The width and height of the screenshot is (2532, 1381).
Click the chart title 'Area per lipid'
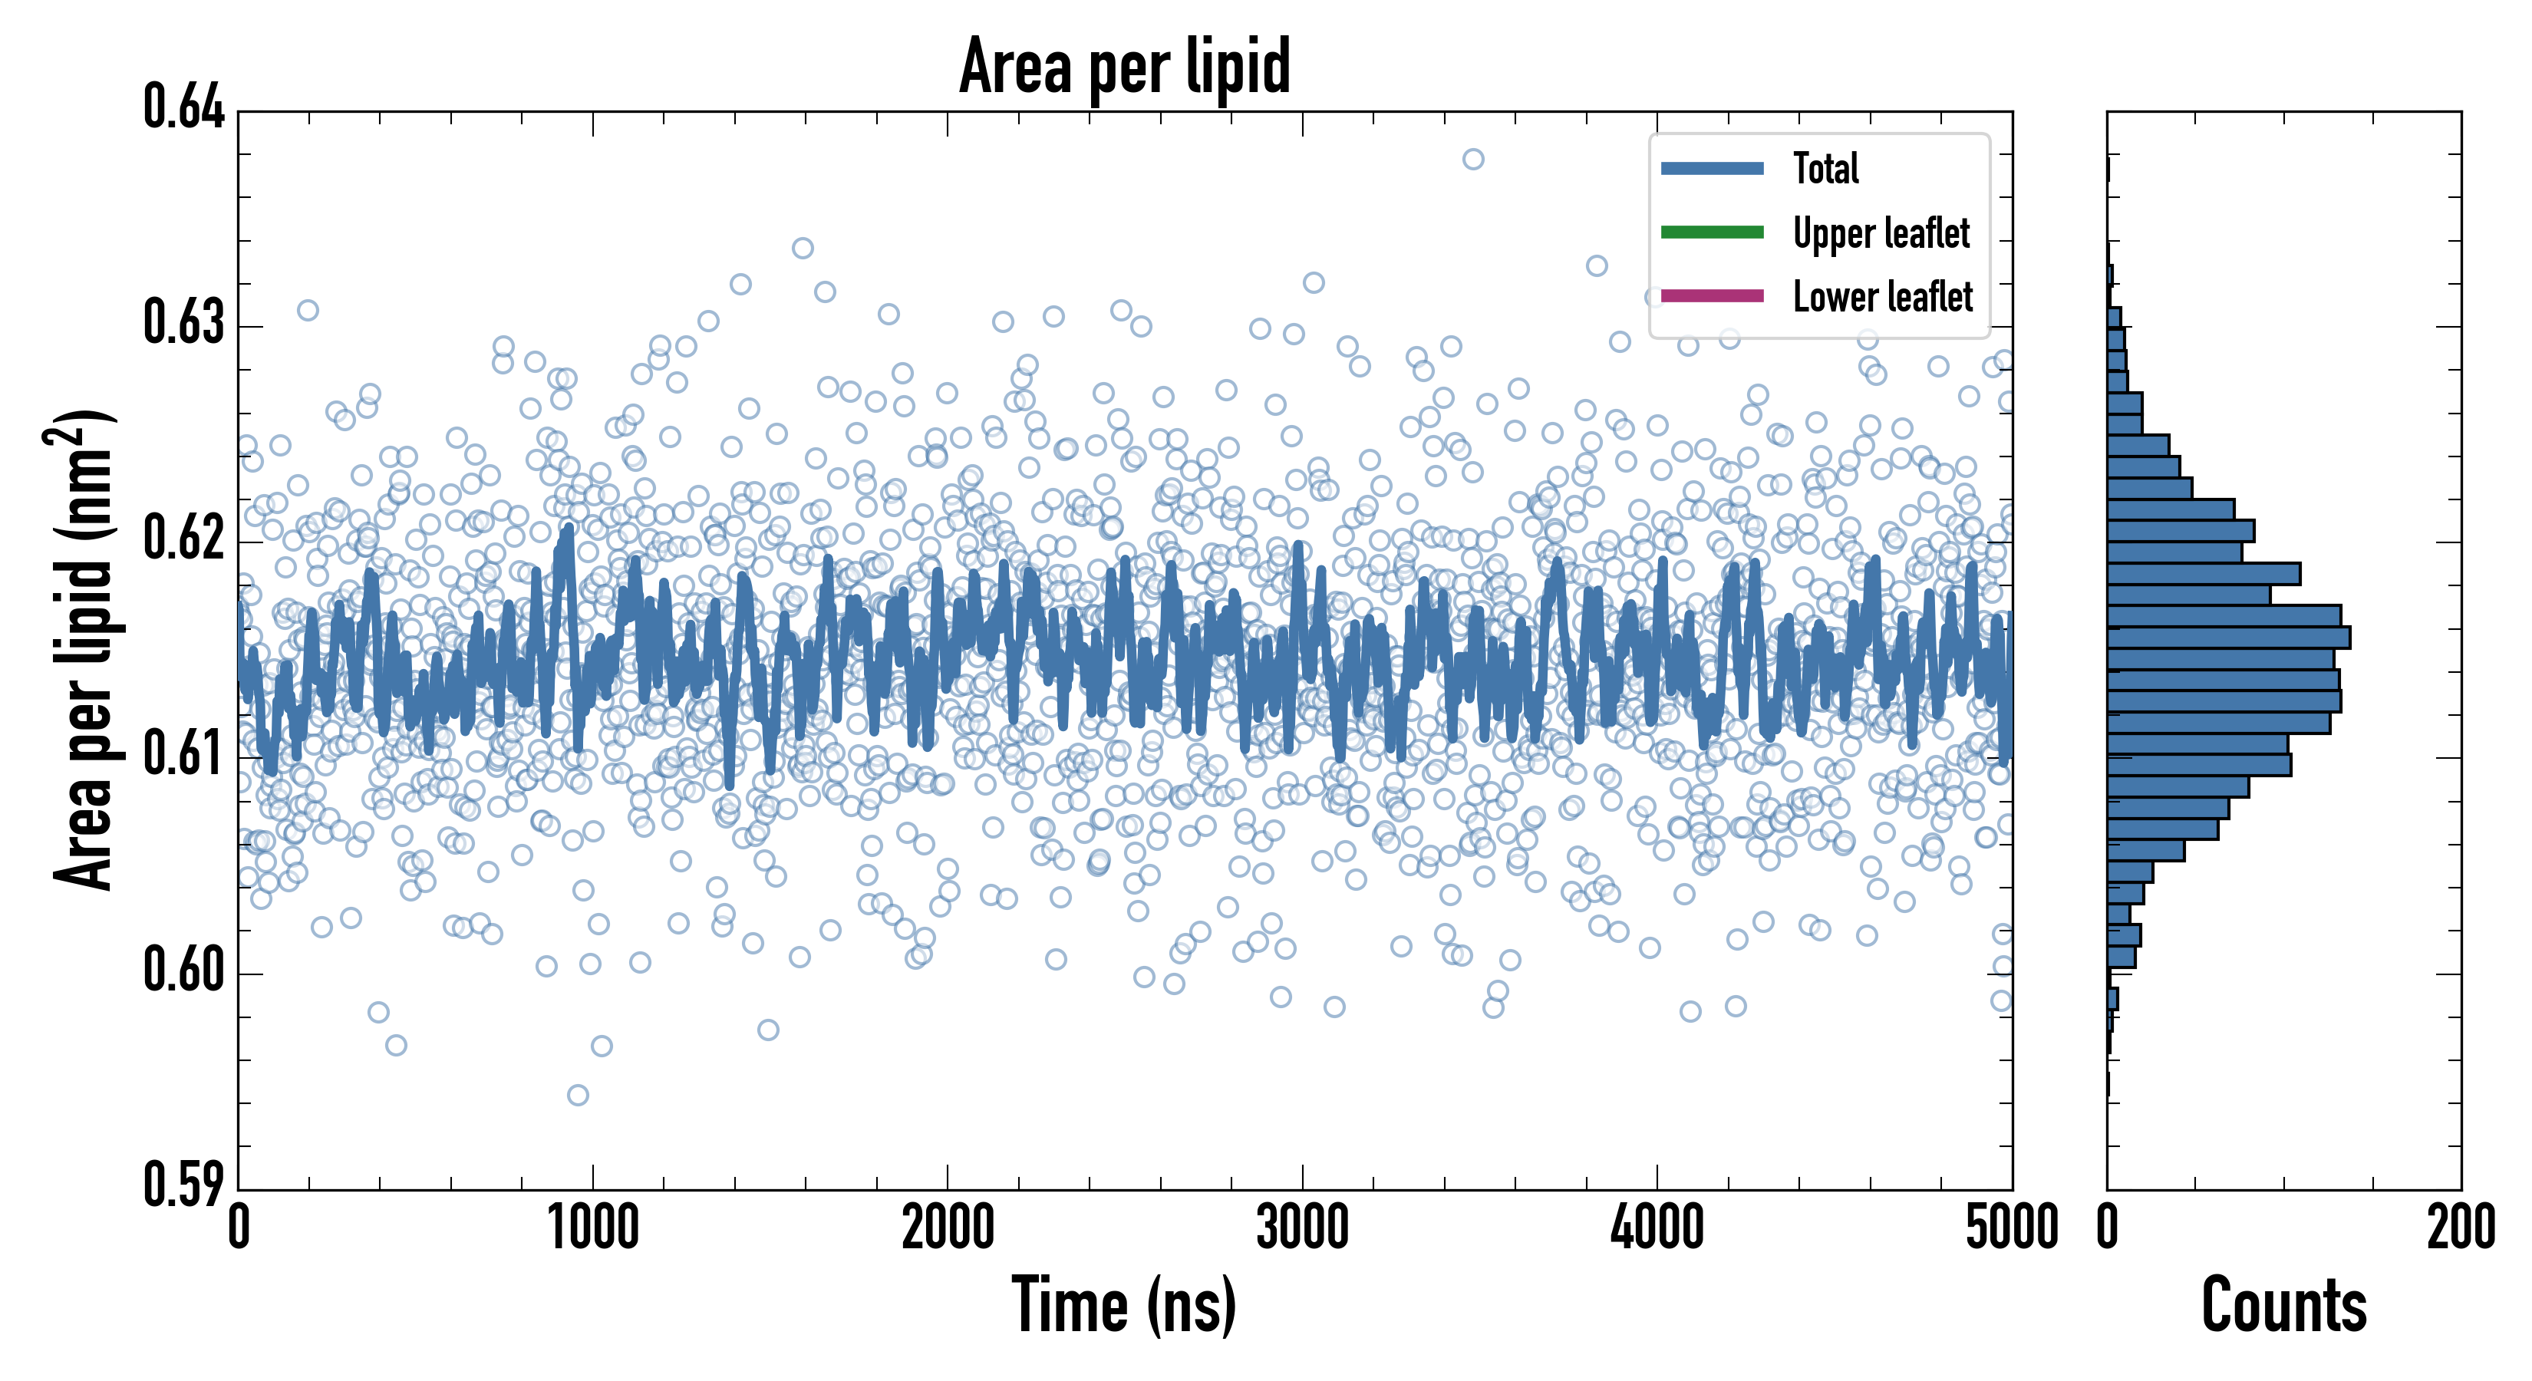coord(1125,66)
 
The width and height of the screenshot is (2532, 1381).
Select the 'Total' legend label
coord(1825,168)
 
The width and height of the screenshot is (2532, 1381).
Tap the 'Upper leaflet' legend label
coord(1881,233)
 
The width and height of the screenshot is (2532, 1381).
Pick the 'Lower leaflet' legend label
coord(1882,297)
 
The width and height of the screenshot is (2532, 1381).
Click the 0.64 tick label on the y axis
coord(184,107)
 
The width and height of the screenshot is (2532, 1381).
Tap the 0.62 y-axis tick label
coord(184,538)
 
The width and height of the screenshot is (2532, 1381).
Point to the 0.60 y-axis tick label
coord(184,969)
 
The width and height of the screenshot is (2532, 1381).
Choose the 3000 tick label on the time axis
coord(1302,1228)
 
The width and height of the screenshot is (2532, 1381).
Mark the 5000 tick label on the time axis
coord(2011,1228)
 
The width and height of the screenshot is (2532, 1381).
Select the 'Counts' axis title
coord(2283,1305)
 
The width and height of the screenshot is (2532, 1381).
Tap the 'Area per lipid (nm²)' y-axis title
coord(83,650)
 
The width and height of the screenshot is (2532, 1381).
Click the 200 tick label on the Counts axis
coord(2460,1228)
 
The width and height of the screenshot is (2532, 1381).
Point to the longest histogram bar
coord(2228,637)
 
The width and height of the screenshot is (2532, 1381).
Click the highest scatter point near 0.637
coord(1472,160)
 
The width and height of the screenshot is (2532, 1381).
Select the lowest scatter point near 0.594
coord(578,1095)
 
